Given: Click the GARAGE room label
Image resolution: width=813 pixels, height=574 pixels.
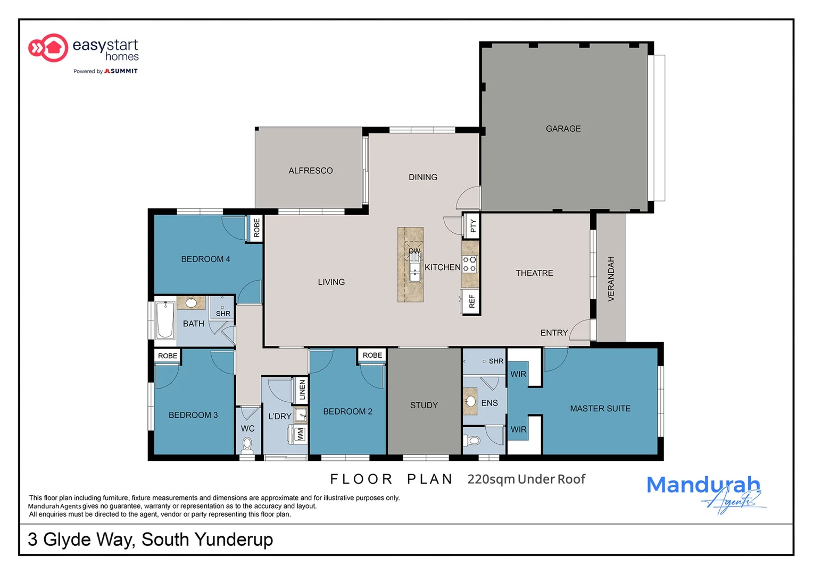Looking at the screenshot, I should tap(563, 129).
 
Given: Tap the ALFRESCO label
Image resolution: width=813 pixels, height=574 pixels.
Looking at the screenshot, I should tap(310, 171).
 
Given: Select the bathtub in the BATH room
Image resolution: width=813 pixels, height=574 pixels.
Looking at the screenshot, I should tap(164, 320).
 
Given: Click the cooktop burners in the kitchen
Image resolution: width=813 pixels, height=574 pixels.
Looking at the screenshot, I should tap(469, 264).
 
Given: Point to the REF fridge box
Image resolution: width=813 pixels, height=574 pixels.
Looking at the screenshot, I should tap(471, 302).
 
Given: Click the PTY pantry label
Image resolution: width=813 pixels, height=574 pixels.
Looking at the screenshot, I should tap(472, 226).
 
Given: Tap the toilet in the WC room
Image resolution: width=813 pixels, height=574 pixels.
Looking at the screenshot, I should tap(247, 444).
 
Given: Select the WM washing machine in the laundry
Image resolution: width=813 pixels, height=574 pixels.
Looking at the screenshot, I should tap(300, 434).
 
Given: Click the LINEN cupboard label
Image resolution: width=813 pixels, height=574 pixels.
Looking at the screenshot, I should tap(302, 390).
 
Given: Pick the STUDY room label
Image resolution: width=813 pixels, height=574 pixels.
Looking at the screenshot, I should tap(424, 405).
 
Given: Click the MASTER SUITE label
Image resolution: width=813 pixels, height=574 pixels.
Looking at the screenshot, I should tap(600, 408).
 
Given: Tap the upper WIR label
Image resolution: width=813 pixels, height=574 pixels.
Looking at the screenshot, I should tap(518, 374).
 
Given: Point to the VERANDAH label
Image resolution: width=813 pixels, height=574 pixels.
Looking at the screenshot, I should tap(611, 279).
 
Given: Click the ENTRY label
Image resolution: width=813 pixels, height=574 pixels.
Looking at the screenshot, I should tap(553, 333).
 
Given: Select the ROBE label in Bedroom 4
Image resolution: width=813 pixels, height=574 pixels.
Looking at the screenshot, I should tap(256, 227).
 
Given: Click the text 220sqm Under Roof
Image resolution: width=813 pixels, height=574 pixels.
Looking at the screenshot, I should tap(526, 479).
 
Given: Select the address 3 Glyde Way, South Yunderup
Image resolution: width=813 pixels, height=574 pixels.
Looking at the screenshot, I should tap(150, 539).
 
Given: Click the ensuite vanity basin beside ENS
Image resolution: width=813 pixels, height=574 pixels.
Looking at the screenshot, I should tap(470, 401).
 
